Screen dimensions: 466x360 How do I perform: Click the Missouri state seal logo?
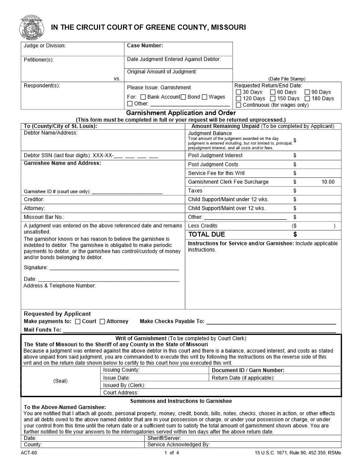[x=31, y=27]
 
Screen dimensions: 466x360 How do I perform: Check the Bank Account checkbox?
[x=143, y=97]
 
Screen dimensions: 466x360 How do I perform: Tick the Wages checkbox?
[x=205, y=97]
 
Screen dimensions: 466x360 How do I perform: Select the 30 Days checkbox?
[x=239, y=92]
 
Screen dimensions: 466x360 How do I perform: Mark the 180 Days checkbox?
[x=307, y=98]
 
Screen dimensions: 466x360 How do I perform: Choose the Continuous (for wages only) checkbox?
[x=239, y=105]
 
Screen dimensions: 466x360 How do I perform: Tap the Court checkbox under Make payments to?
[x=78, y=322]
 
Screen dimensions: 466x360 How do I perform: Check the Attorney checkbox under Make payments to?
[x=102, y=322]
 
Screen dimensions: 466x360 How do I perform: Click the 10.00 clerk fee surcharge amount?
[x=328, y=182]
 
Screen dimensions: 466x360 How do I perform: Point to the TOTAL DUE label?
[x=206, y=234]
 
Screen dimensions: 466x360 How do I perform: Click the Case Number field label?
[x=145, y=45]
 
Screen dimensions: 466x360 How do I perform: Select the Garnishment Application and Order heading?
[x=181, y=113]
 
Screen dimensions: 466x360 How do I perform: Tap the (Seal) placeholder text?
[x=60, y=381]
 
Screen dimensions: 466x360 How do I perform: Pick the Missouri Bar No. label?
[x=44, y=217]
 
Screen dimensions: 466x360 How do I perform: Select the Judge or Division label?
[x=45, y=45]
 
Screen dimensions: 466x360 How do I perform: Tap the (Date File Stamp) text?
[x=287, y=79]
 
